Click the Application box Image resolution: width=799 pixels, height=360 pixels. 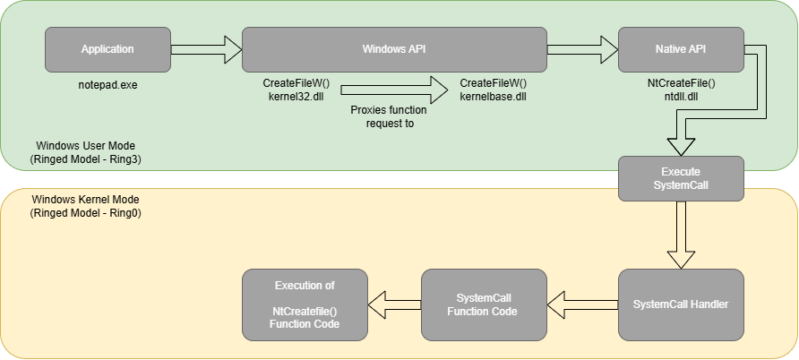coord(107,49)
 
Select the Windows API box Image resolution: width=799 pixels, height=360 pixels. coord(394,49)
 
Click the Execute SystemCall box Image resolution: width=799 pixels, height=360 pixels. coord(681,177)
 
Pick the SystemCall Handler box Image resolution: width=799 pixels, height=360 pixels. coord(681,304)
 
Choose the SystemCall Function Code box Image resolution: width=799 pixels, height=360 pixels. coord(484,304)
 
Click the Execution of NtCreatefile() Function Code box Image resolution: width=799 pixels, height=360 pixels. coord(305,304)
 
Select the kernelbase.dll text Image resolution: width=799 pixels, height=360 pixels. coord(493,95)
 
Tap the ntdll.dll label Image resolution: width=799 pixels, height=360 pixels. coord(681,95)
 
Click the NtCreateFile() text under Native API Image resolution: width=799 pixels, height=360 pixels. coord(681,82)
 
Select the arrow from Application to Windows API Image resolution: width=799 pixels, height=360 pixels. coord(206,49)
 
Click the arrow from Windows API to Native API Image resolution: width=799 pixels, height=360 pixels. coord(582,49)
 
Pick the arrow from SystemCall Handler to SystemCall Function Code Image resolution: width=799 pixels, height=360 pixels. coord(582,304)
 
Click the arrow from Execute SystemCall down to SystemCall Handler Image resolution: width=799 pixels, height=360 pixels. coord(681,235)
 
